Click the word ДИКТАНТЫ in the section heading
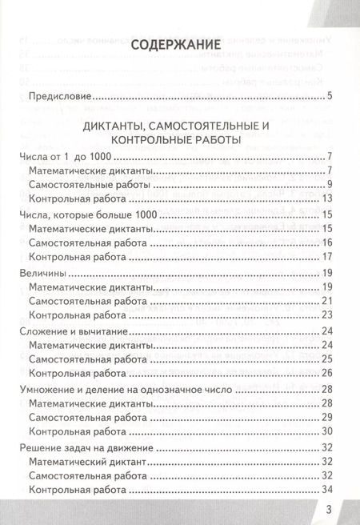coord(118,126)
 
